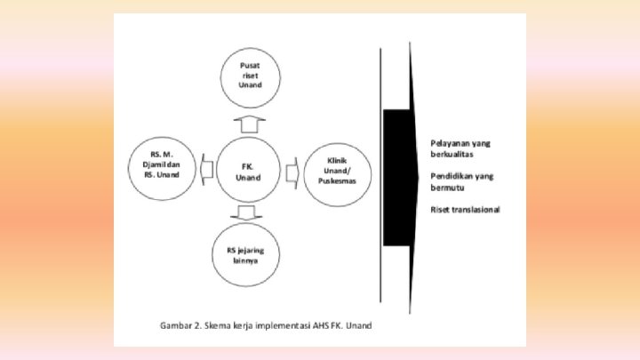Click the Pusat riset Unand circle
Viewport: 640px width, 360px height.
point(251,76)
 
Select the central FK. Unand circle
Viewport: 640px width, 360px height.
point(250,171)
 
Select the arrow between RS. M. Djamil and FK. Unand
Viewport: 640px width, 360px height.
point(206,167)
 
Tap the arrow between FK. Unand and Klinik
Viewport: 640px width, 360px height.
point(292,168)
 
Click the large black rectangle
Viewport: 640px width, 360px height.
point(396,178)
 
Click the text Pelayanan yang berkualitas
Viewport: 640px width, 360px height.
point(460,148)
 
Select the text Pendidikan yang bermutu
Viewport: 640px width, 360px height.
point(461,182)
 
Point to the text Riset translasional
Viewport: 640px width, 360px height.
point(465,210)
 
